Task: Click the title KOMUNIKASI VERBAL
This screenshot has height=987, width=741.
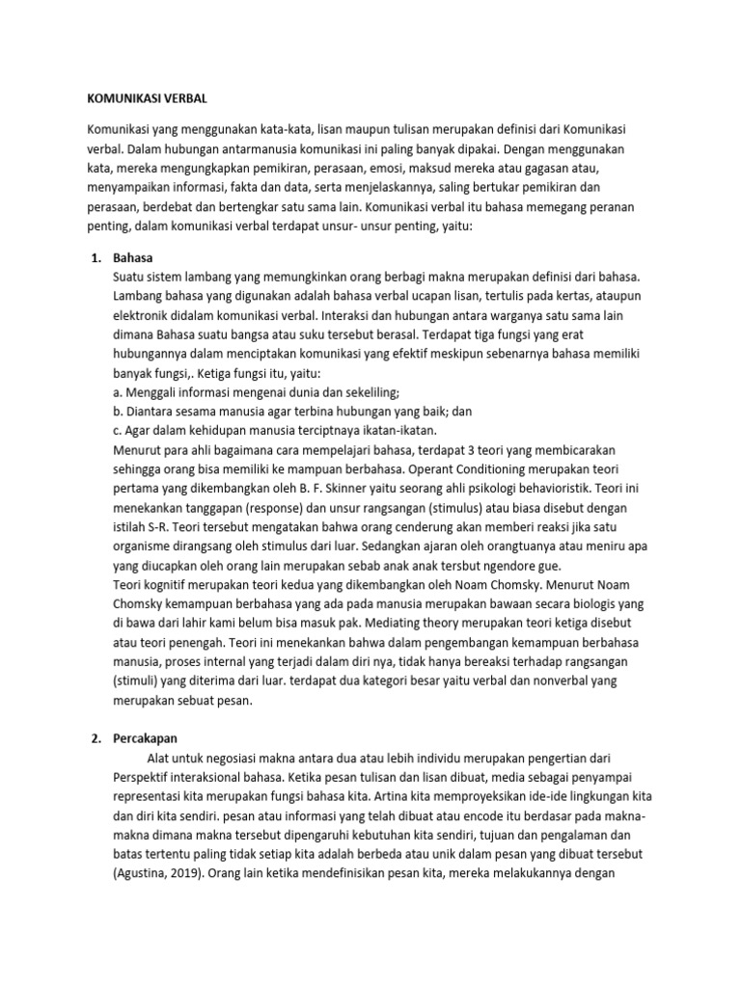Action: pyautogui.click(x=147, y=99)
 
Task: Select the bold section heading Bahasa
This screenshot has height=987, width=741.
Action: pyautogui.click(x=133, y=258)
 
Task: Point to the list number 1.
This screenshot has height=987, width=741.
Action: pyautogui.click(x=96, y=258)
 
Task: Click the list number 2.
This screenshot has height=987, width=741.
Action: pyautogui.click(x=96, y=738)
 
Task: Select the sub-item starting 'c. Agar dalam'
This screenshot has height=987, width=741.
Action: pyautogui.click(x=274, y=431)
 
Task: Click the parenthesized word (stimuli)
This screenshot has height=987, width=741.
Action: pyautogui.click(x=139, y=680)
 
